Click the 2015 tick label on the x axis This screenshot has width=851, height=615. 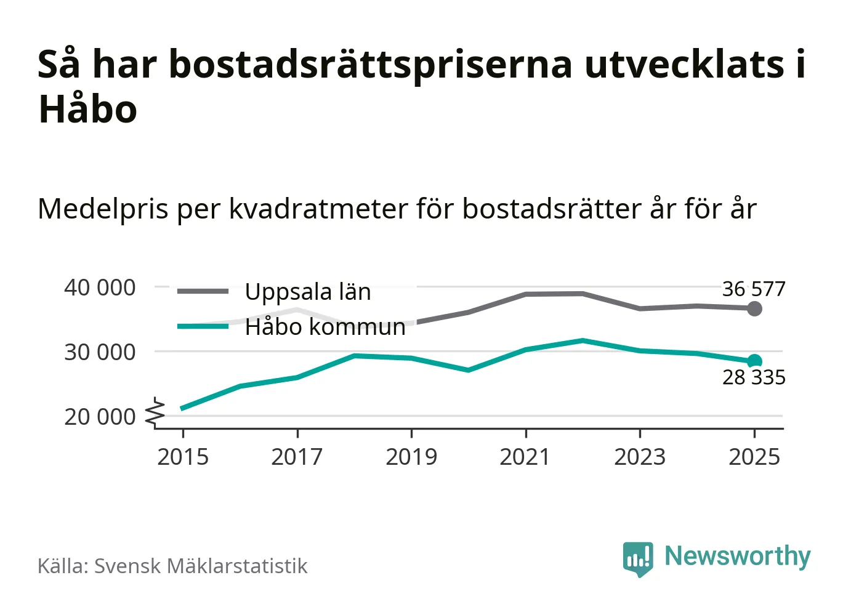click(183, 457)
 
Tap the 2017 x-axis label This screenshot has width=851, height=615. click(297, 457)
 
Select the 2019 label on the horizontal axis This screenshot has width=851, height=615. click(411, 457)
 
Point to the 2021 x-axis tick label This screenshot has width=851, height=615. click(525, 457)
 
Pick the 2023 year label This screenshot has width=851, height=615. click(640, 457)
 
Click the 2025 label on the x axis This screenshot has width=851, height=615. click(754, 457)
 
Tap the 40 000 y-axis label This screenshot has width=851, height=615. click(100, 287)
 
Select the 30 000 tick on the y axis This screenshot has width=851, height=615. click(100, 352)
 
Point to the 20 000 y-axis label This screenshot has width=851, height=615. click(100, 417)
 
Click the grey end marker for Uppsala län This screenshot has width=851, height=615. click(754, 308)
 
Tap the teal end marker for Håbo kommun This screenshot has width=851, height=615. click(754, 361)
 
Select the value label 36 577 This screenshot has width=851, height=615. click(754, 289)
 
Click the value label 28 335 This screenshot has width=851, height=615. click(754, 377)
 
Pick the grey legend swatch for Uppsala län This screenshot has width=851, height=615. click(203, 291)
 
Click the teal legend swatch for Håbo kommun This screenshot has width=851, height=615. click(203, 326)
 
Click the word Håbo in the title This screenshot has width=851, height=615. click(87, 110)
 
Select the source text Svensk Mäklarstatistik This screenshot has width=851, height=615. click(201, 566)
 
